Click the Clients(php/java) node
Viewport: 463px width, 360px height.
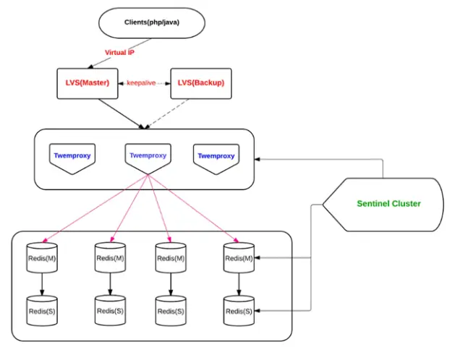tap(152, 22)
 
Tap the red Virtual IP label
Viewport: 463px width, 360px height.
tap(119, 53)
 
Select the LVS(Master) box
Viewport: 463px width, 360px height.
tap(88, 84)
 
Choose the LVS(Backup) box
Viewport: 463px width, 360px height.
tap(201, 84)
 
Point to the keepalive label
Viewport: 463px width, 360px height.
tap(141, 83)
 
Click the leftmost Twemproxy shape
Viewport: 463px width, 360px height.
tap(72, 158)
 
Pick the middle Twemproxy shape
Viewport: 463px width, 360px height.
tap(148, 158)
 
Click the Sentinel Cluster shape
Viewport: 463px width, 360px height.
tap(383, 205)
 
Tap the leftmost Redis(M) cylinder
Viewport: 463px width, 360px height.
tap(42, 258)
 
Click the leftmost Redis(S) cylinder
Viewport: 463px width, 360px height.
tap(42, 311)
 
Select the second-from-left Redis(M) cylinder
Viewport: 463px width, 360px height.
tap(110, 257)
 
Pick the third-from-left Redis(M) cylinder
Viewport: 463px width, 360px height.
tap(171, 258)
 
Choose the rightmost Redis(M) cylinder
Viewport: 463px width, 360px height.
tap(239, 258)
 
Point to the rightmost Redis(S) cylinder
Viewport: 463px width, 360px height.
tap(239, 311)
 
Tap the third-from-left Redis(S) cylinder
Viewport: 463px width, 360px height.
tap(171, 311)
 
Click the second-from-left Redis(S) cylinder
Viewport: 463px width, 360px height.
tap(110, 310)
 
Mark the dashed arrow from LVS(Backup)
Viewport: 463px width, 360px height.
tap(167, 114)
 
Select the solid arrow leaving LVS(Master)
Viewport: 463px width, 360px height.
tap(122, 114)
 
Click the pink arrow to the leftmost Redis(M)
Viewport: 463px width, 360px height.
tap(95, 209)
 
